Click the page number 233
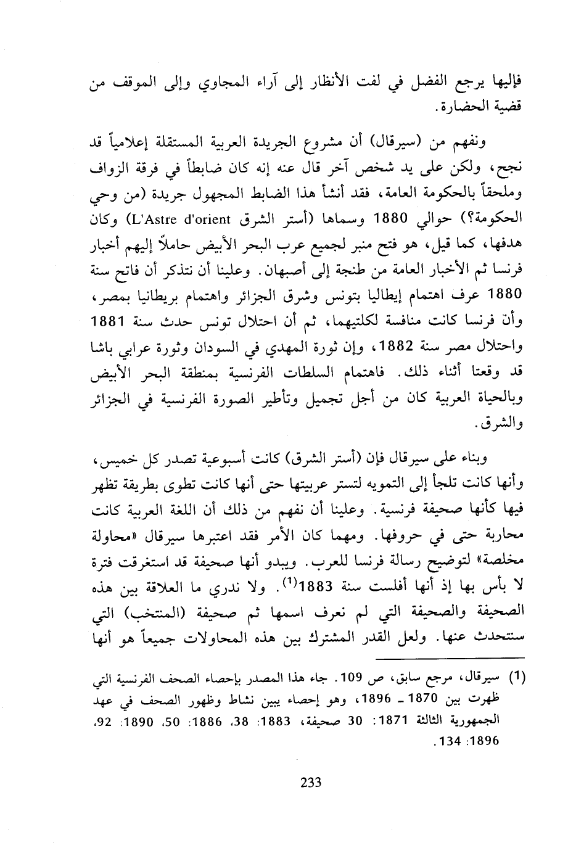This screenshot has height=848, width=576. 310,783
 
